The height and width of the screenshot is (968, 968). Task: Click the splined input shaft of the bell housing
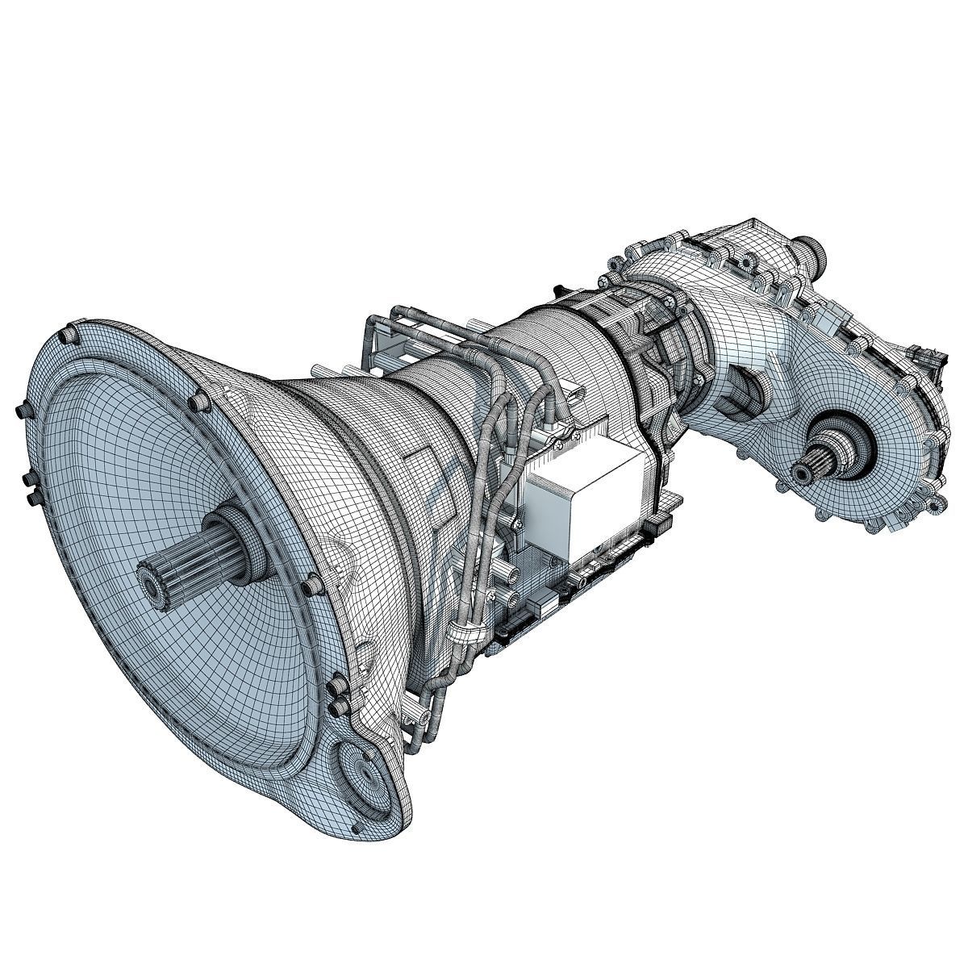pos(194,557)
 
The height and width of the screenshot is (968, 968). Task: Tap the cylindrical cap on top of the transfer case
pos(811,250)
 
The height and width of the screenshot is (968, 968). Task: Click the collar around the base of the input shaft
pos(242,536)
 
